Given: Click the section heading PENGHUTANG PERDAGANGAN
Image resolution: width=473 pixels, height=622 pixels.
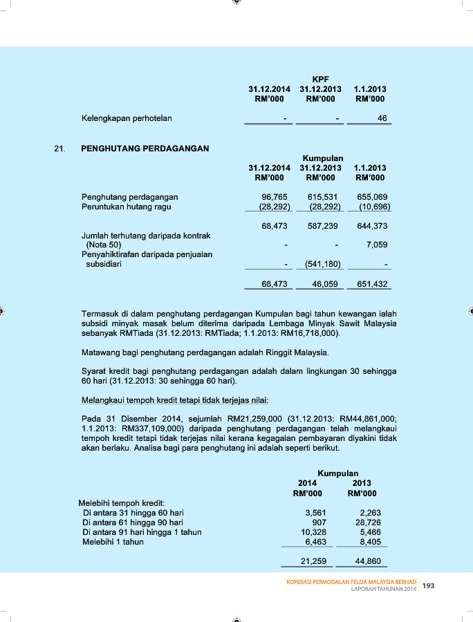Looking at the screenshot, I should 145,148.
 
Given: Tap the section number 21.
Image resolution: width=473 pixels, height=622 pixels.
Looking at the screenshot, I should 59,148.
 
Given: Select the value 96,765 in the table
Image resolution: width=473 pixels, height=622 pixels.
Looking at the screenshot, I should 275,197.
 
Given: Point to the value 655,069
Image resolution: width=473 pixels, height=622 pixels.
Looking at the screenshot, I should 372,197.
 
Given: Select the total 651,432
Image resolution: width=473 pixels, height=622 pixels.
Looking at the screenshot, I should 372,284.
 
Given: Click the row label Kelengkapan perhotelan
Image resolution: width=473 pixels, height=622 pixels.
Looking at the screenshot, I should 127,118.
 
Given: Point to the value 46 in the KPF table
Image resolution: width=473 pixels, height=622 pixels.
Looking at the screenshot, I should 382,118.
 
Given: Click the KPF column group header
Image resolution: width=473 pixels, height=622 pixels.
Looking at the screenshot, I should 320,79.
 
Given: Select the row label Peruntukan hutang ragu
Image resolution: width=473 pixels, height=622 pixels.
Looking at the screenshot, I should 126,207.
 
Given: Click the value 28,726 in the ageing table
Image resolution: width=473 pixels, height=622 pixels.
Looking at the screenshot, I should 367,522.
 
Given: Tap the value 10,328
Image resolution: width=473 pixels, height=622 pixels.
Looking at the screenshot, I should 313,532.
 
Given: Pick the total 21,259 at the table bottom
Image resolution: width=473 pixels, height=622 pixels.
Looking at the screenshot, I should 313,561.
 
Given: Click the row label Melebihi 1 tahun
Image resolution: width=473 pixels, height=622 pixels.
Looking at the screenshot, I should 113,542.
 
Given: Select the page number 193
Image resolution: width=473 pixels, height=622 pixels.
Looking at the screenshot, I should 428,586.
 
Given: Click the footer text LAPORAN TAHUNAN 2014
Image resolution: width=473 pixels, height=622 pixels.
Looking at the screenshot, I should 384,590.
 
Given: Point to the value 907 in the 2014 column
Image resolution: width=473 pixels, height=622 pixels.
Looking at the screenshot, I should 319,522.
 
